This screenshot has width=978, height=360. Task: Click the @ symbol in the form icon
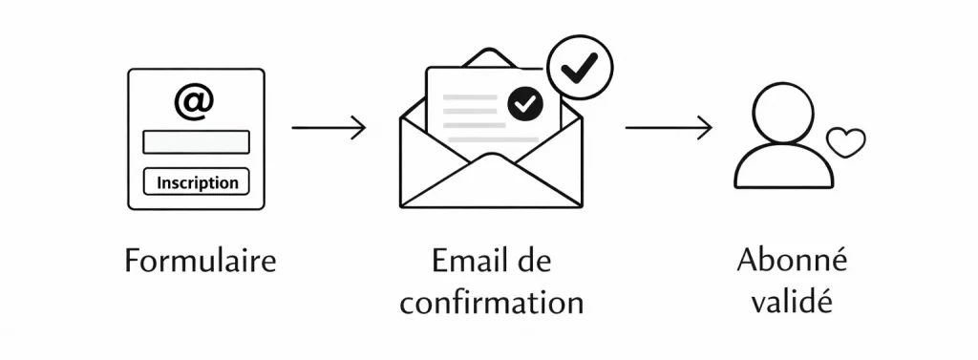pos(194,101)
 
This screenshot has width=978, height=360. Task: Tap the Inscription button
pos(196,181)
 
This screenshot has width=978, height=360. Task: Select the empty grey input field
pos(196,142)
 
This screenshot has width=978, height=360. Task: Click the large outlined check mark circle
pos(579,68)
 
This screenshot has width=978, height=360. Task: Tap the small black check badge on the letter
pos(525,103)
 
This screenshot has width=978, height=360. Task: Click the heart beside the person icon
pos(846,143)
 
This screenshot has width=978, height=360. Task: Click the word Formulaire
pos(201,260)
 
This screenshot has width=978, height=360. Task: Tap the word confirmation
pos(491,303)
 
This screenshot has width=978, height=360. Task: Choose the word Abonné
pos(792,260)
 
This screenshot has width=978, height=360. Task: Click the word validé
pos(792,303)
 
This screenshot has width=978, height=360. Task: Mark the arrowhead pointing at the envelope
pos(359,127)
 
